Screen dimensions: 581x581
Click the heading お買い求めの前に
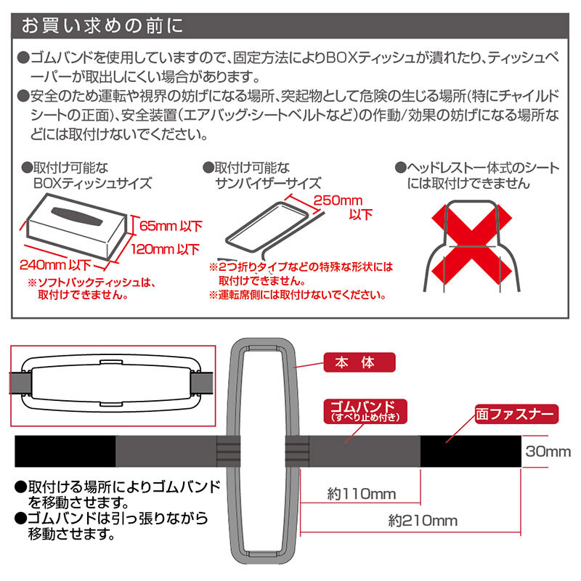point(102,26)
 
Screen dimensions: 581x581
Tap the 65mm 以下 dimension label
point(171,226)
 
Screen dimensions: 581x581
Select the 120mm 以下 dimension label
point(166,249)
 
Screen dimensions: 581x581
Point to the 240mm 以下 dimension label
point(55,265)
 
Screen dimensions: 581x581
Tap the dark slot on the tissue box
point(77,216)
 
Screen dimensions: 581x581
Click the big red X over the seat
point(471,245)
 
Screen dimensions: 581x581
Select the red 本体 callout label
point(359,362)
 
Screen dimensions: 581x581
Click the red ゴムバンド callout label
point(365,411)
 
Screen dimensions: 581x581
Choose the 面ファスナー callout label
point(516,414)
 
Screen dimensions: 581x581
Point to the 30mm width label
point(548,451)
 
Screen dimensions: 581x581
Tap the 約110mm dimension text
point(361,494)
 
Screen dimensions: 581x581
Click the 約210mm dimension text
point(423,521)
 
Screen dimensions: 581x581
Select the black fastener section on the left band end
point(65,451)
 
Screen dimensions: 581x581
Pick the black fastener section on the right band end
point(471,451)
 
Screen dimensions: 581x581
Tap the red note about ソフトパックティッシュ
point(92,288)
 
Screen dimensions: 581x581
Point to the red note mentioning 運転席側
point(298,296)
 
